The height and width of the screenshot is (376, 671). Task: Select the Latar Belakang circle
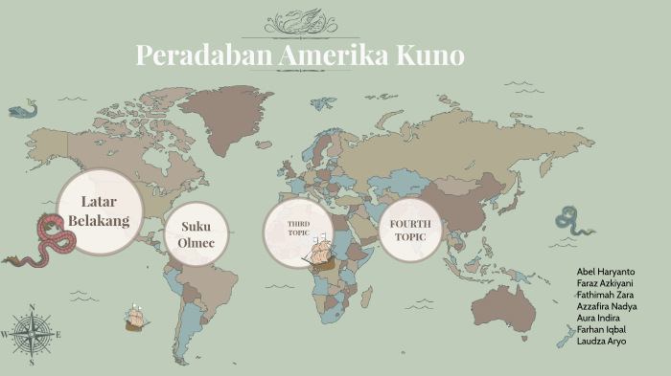[99, 212]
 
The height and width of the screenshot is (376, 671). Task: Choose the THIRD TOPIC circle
[296, 230]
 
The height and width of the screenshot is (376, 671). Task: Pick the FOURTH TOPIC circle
[410, 230]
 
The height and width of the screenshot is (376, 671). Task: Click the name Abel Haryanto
[606, 272]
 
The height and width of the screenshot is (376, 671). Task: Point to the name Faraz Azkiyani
[606, 283]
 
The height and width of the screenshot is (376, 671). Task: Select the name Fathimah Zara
[606, 295]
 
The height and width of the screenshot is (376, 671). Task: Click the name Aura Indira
[598, 318]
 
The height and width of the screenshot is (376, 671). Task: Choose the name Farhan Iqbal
[602, 329]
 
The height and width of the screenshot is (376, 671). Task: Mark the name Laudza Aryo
[602, 341]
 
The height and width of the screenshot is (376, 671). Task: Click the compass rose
[32, 334]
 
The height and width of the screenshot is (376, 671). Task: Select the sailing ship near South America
[134, 318]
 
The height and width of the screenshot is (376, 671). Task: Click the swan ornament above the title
[298, 21]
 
